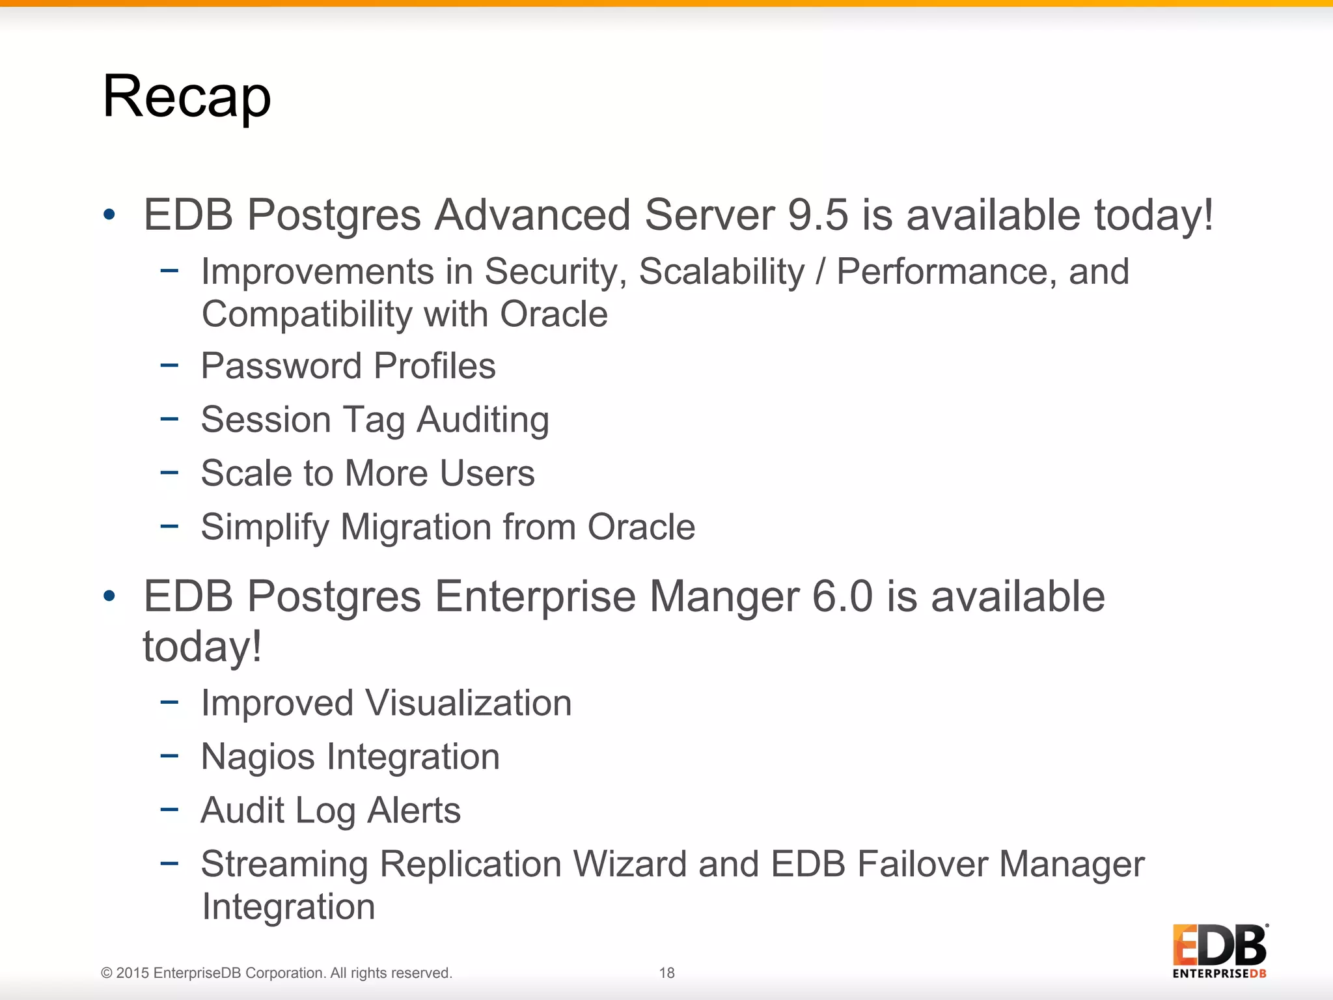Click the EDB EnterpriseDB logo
[1220, 951]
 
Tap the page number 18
[666, 973]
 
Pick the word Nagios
[258, 757]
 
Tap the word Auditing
[483, 419]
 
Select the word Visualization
[468, 703]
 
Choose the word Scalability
[721, 271]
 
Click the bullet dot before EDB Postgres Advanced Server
[109, 214]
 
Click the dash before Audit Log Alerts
[169, 809]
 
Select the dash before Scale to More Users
[169, 472]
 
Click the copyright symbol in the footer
[107, 973]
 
